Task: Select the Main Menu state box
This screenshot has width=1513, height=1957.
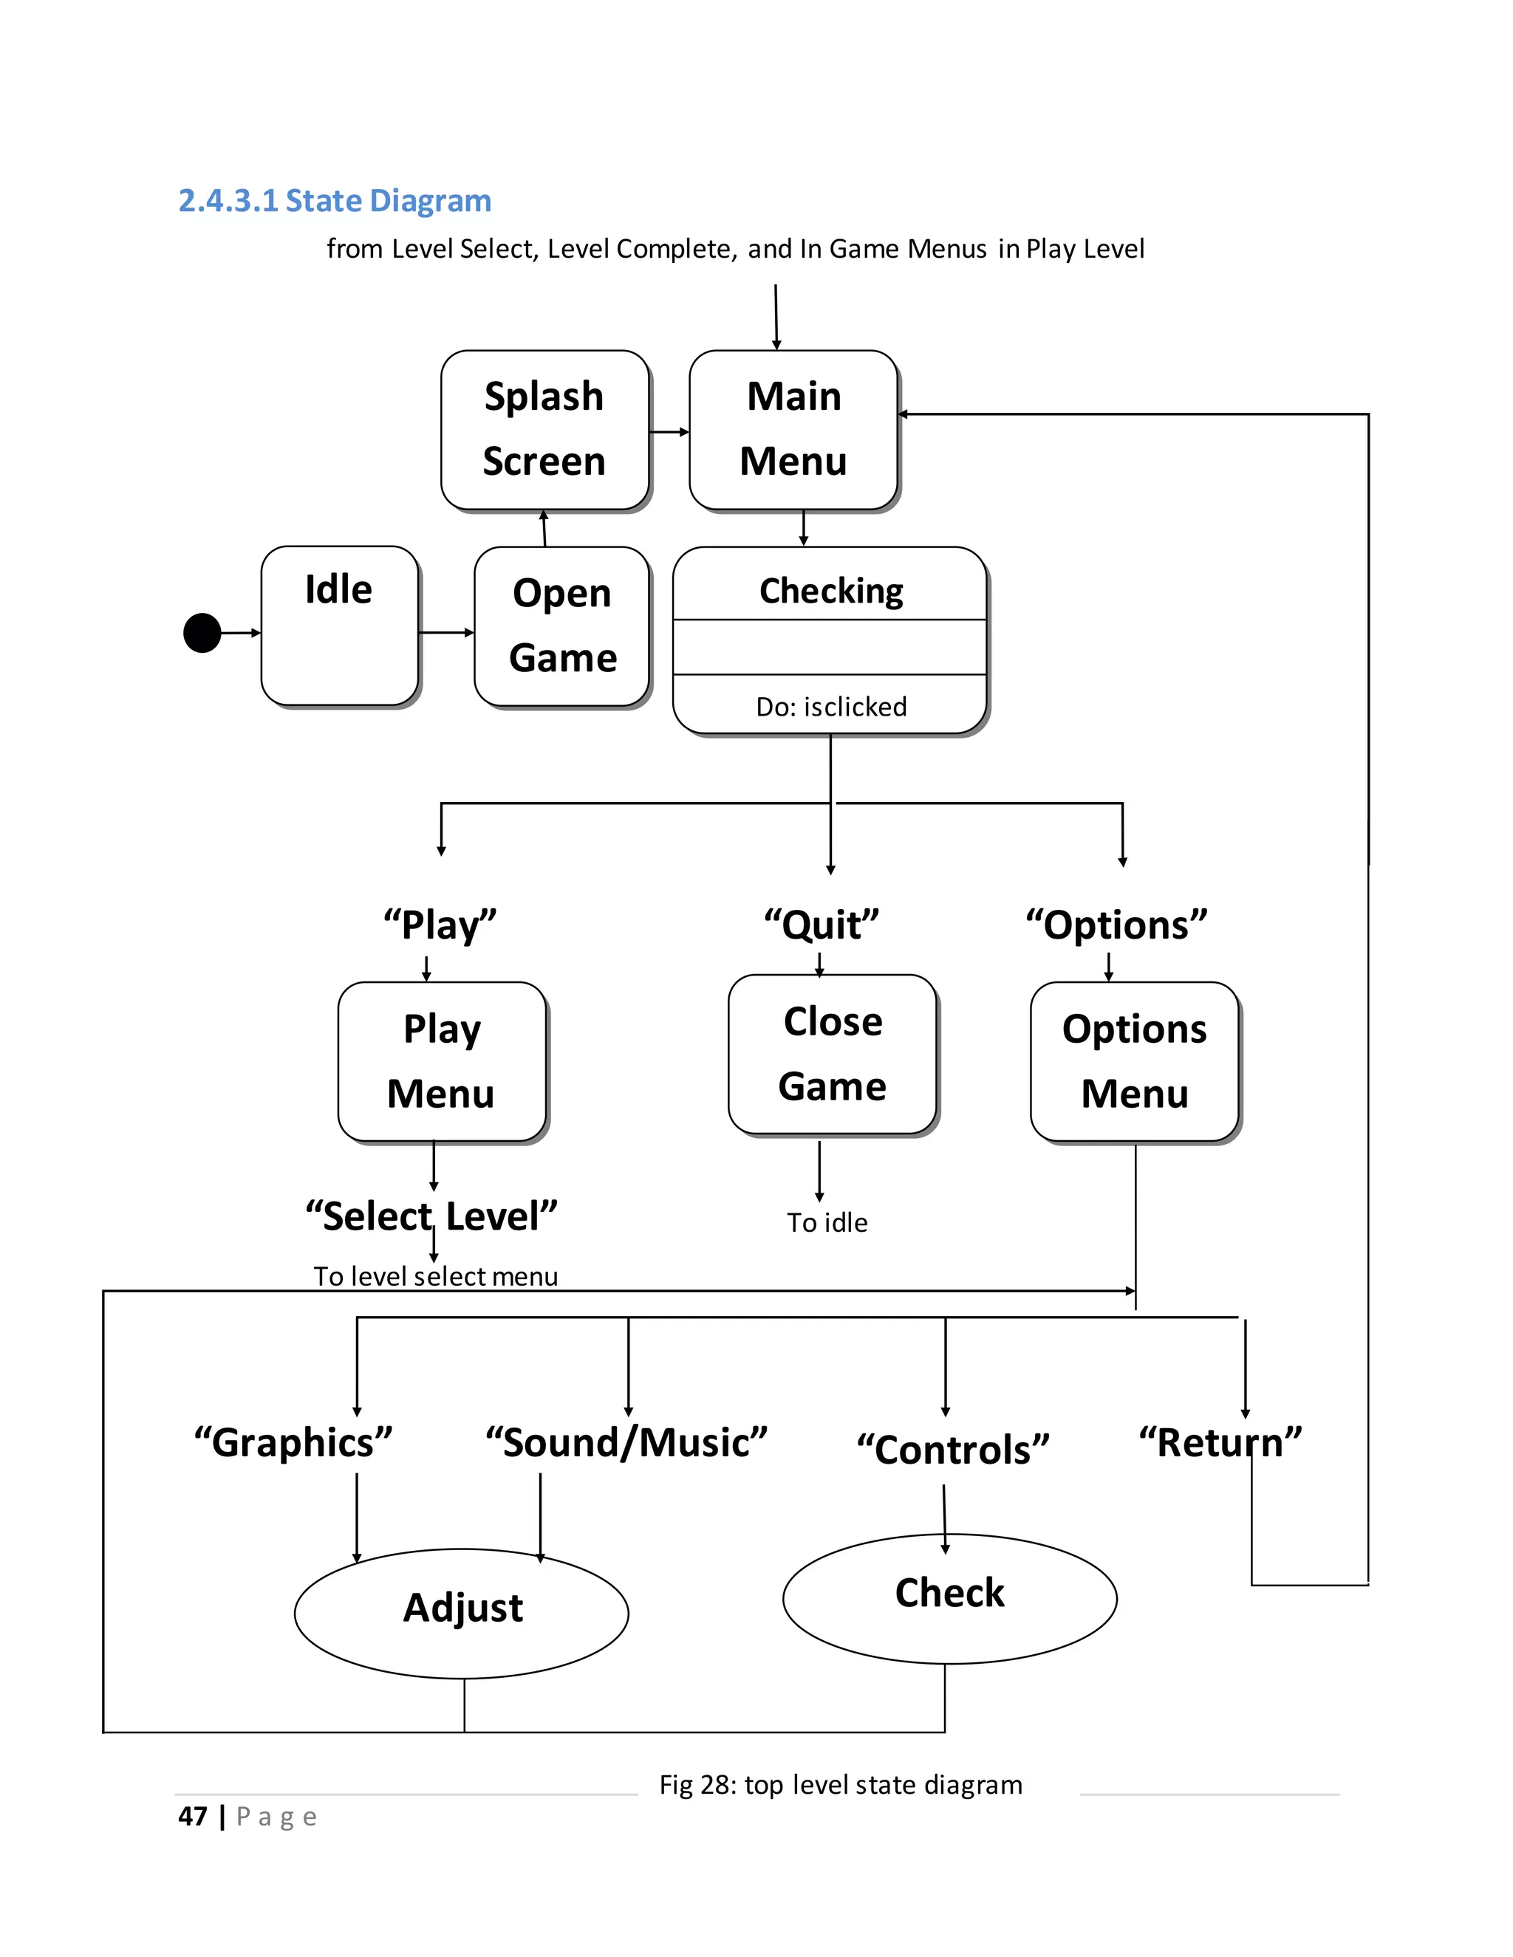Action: click(x=793, y=429)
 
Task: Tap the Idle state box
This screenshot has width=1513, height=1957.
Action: click(x=339, y=626)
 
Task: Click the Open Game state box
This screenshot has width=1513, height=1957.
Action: click(x=562, y=626)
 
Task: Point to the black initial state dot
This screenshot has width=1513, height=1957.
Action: click(x=202, y=633)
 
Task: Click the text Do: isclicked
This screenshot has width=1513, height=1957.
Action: click(x=831, y=707)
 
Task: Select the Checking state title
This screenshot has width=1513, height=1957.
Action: click(x=831, y=591)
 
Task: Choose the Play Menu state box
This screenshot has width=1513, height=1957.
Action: click(x=441, y=1061)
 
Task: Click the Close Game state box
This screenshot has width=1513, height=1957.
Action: click(x=832, y=1054)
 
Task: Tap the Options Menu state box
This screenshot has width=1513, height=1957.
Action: click(x=1134, y=1061)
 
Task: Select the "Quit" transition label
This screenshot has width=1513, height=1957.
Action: click(x=821, y=925)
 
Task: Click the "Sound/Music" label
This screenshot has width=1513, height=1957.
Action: click(x=626, y=1443)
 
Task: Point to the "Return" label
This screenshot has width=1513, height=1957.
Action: click(x=1220, y=1443)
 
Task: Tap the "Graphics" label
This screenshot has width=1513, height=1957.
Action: click(x=293, y=1443)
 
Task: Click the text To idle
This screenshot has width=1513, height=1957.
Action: click(x=827, y=1222)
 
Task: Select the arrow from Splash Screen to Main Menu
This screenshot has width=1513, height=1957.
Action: click(x=669, y=432)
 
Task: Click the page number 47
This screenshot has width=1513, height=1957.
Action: click(x=193, y=1817)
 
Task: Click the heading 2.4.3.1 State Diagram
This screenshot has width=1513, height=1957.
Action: click(x=335, y=200)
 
